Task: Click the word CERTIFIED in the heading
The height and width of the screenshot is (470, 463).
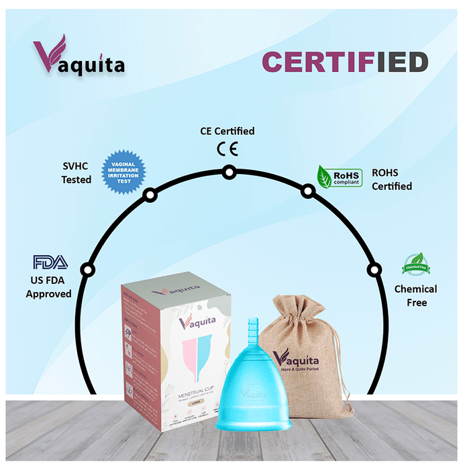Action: [344, 62]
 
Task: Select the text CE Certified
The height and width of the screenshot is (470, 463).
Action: [228, 131]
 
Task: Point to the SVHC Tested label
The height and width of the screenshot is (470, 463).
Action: [76, 173]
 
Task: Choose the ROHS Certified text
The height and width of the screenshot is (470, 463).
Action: [392, 179]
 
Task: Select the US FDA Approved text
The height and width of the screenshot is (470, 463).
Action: [48, 287]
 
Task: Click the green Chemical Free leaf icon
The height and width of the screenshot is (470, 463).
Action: [415, 265]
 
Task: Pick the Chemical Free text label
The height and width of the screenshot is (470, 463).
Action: [415, 295]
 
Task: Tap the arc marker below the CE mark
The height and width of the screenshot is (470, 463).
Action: [229, 172]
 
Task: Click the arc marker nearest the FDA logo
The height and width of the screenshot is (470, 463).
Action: [86, 270]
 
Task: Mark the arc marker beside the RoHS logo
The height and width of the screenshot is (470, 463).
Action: [307, 191]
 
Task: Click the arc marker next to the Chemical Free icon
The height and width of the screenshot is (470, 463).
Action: [373, 270]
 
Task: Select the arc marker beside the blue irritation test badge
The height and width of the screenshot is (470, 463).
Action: [150, 195]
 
